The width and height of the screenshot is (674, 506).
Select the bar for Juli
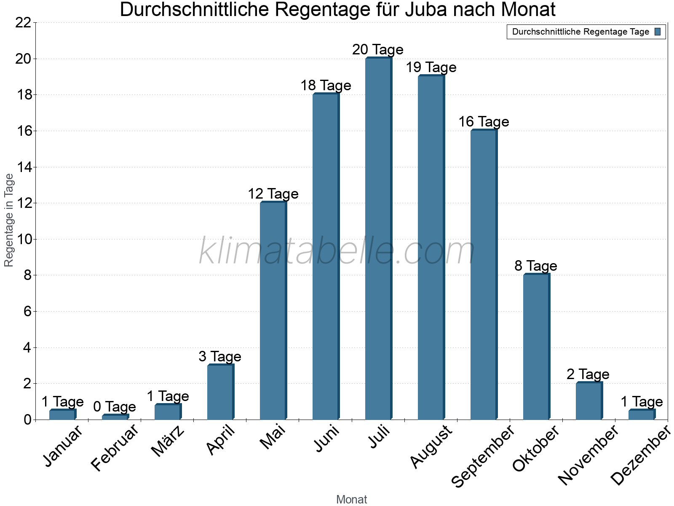[x=378, y=239]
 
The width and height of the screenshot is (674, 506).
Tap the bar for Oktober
[x=536, y=347]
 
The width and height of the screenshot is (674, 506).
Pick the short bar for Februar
[x=115, y=417]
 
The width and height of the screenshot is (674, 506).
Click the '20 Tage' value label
[x=378, y=50]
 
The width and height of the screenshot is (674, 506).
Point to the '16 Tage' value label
[x=484, y=122]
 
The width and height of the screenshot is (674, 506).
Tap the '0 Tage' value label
[x=115, y=407]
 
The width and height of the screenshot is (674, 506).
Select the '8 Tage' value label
[x=536, y=266]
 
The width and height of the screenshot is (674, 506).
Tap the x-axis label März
[x=168, y=441]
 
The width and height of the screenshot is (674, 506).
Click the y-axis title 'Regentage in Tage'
[x=9, y=220]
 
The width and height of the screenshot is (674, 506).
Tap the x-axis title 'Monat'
[x=352, y=499]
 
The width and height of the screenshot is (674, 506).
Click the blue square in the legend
[x=658, y=32]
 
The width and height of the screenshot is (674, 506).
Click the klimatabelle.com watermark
[x=337, y=251]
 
